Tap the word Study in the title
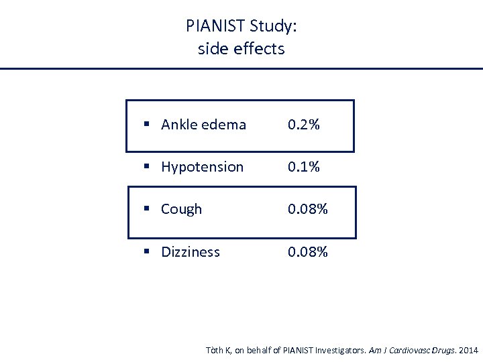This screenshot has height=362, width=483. (273, 27)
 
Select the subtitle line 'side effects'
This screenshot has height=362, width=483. (241, 49)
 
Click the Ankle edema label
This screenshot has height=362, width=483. (203, 125)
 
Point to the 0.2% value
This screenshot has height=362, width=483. (304, 125)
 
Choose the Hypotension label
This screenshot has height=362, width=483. (202, 167)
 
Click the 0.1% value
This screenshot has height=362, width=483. (304, 167)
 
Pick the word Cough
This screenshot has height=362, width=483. (181, 209)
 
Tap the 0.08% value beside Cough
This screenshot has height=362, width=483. (308, 209)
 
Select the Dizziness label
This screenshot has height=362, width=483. (191, 252)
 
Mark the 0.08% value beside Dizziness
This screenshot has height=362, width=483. (308, 252)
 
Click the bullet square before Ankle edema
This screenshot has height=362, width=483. (146, 125)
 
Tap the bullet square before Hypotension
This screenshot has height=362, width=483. (146, 167)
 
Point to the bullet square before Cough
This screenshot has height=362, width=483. (146, 209)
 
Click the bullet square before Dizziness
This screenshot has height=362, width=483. (146, 252)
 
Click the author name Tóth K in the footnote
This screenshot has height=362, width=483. (217, 351)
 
